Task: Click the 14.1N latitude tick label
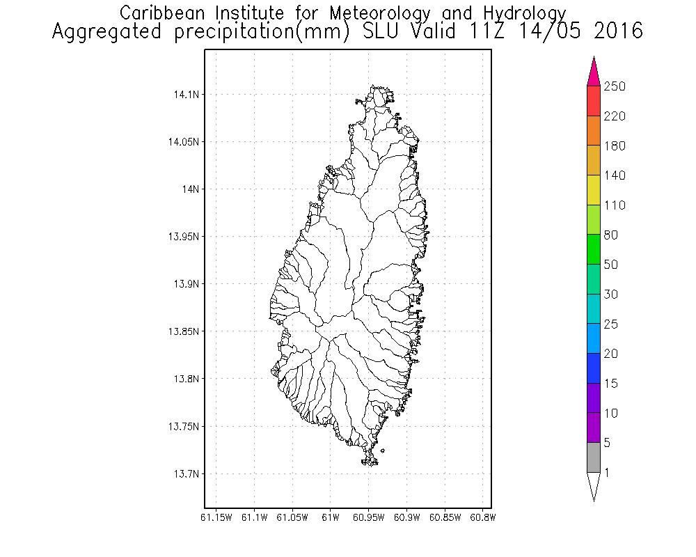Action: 182,94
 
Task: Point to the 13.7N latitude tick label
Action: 182,474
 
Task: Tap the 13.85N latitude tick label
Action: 180,331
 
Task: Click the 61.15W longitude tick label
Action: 216,517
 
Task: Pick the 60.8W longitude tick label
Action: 483,517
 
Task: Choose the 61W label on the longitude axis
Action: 331,517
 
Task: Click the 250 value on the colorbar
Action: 615,86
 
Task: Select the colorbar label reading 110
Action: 615,205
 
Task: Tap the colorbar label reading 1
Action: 607,473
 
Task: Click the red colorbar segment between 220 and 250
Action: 593,101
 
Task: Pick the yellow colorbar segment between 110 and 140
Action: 593,190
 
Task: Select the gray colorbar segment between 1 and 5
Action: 593,457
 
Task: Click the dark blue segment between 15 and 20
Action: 593,368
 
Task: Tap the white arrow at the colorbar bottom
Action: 593,485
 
